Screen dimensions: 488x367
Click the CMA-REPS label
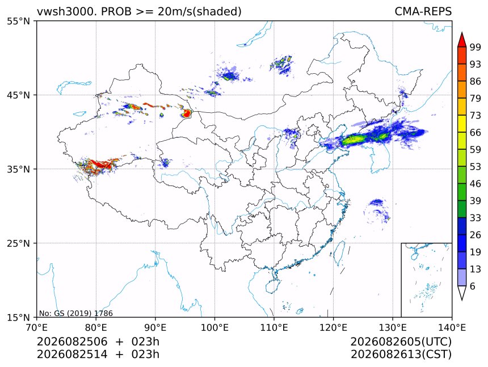[423, 11]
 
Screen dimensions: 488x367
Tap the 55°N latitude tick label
[18, 21]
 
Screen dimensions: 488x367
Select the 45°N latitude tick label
[18, 95]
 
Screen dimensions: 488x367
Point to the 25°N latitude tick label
[18, 243]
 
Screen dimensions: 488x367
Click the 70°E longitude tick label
[37, 327]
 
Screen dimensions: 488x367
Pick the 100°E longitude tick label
[214, 327]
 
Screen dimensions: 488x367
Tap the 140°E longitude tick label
[452, 327]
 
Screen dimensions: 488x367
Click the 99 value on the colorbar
[476, 47]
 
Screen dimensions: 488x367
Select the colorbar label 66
[476, 133]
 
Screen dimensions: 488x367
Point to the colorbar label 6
[473, 286]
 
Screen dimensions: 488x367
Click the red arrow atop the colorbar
[462, 39]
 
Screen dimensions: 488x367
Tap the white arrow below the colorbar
[462, 293]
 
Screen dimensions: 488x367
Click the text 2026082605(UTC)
[401, 341]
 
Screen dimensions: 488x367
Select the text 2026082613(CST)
[401, 355]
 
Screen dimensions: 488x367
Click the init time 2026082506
[72, 341]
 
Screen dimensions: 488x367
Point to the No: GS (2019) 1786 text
[75, 313]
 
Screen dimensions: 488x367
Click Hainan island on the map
[273, 286]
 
